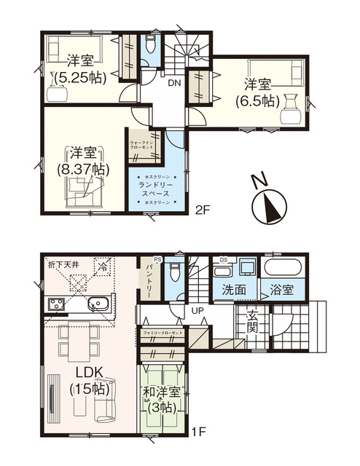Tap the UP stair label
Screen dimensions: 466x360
(x=197, y=311)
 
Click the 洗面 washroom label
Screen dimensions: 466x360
(x=234, y=289)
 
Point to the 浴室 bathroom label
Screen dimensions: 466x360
(x=282, y=289)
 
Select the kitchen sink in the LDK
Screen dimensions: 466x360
(x=99, y=304)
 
